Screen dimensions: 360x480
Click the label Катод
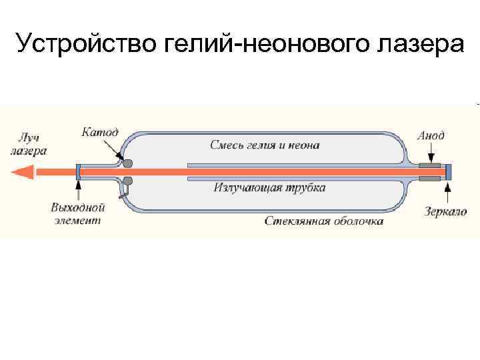[100, 132]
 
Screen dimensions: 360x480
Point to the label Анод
[431, 135]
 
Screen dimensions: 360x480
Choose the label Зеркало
[446, 212]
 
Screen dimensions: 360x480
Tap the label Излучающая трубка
[269, 187]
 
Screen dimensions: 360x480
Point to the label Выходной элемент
[78, 213]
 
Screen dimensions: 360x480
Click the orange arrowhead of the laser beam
[23, 172]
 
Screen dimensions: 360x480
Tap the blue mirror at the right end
[449, 171]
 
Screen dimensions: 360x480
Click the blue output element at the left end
[78, 172]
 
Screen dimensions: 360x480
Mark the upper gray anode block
[430, 165]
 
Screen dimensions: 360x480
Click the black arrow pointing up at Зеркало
[447, 193]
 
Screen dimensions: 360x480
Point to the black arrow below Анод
[431, 153]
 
